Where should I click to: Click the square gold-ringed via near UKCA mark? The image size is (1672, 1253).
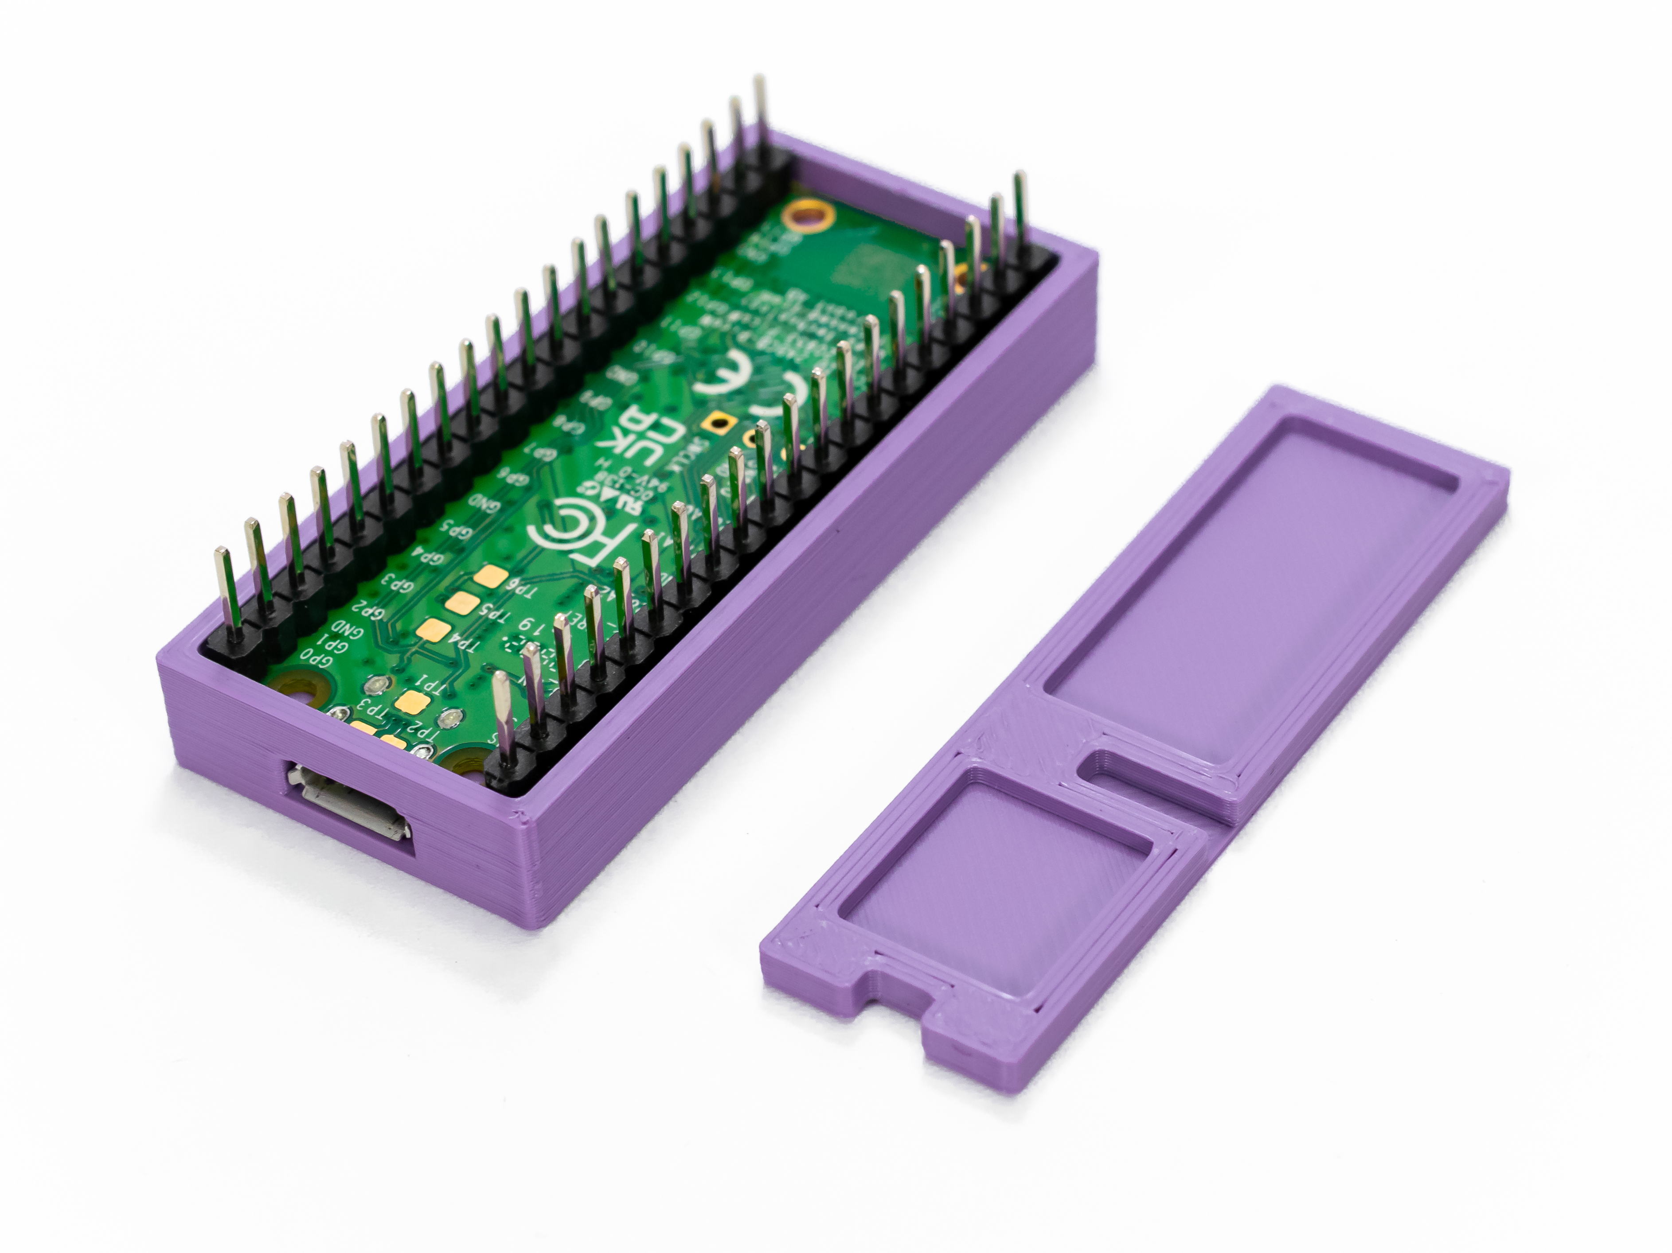(x=714, y=425)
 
